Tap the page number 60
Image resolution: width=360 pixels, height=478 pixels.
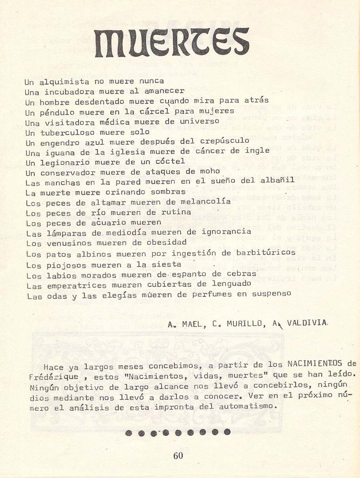tap(178, 456)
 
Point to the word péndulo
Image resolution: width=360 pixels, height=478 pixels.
tap(55, 112)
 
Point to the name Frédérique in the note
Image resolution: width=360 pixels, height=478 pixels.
tap(54, 377)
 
